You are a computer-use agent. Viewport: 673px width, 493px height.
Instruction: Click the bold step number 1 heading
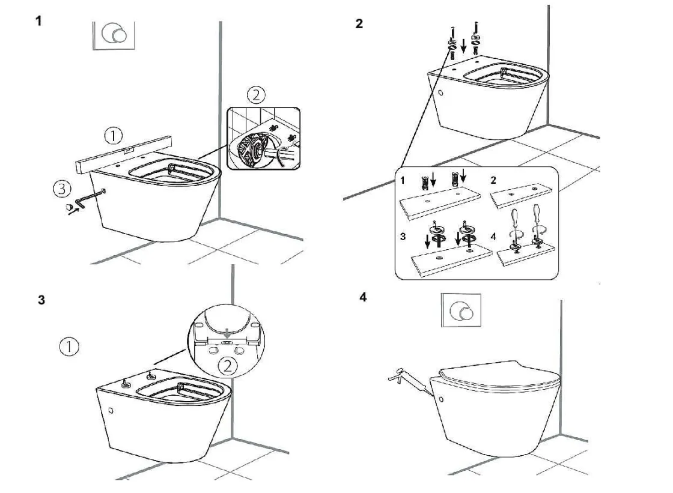[x=39, y=21]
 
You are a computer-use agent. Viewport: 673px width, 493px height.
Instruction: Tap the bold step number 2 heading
[x=359, y=25]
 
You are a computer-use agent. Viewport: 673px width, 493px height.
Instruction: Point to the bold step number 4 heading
[x=363, y=297]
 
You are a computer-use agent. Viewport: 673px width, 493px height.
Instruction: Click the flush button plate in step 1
[x=114, y=35]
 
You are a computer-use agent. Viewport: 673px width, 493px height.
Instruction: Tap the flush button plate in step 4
[x=461, y=312]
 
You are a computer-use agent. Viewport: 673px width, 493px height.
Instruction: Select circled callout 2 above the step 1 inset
[x=256, y=95]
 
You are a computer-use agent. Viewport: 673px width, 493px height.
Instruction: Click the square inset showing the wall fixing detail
[x=263, y=138]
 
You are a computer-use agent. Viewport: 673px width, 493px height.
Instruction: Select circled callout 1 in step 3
[x=70, y=346]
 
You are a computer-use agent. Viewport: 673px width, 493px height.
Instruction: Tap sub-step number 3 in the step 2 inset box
[x=402, y=236]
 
